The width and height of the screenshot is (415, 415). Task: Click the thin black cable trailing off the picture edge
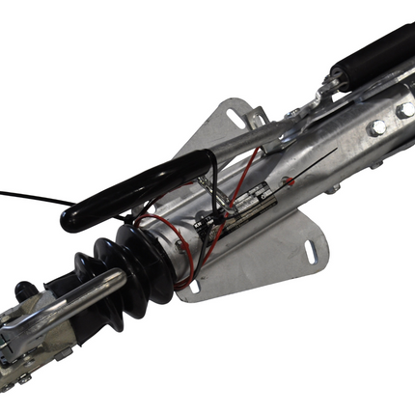coord(29,198)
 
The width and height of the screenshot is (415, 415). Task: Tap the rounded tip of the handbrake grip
coord(69,222)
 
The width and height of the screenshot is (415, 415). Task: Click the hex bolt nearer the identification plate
coord(377,126)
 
